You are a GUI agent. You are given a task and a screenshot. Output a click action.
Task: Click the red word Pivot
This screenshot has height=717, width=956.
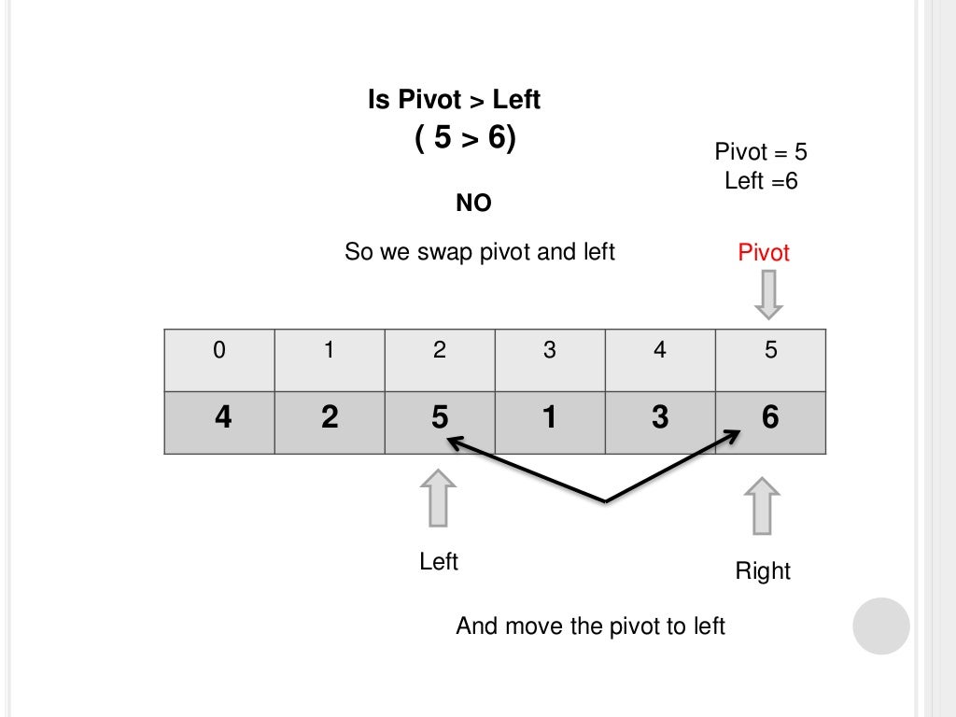pyautogui.click(x=764, y=253)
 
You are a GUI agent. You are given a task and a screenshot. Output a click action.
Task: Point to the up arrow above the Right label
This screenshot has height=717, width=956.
pyautogui.click(x=763, y=506)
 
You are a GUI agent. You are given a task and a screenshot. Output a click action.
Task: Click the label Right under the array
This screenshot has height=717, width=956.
pyautogui.click(x=763, y=571)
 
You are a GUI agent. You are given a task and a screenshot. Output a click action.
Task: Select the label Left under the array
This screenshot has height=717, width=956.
pyautogui.click(x=439, y=562)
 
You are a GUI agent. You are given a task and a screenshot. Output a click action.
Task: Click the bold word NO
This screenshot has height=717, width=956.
pyautogui.click(x=473, y=204)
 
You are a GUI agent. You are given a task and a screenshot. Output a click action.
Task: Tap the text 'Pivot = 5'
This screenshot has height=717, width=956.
pyautogui.click(x=761, y=152)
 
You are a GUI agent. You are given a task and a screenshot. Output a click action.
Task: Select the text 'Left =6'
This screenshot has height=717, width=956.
pyautogui.click(x=761, y=181)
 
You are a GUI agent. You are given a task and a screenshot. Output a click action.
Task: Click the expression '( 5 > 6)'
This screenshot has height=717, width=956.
pyautogui.click(x=465, y=138)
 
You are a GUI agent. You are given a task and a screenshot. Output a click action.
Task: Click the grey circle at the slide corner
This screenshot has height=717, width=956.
pyautogui.click(x=880, y=626)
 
